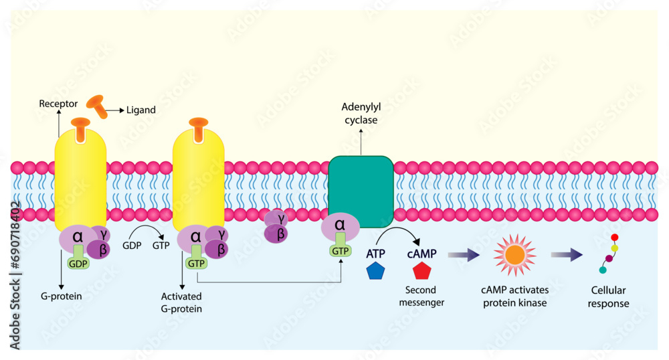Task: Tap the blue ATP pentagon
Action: tap(375, 271)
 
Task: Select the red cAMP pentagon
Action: tap(422, 271)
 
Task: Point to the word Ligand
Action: tap(141, 110)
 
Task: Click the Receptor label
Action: tap(58, 104)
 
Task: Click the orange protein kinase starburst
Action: tap(514, 255)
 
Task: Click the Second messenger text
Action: tap(421, 296)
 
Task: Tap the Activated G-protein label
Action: tap(181, 302)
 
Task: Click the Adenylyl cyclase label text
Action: tap(360, 113)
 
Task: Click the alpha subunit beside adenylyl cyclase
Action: tap(339, 226)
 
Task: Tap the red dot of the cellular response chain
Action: tap(615, 237)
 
